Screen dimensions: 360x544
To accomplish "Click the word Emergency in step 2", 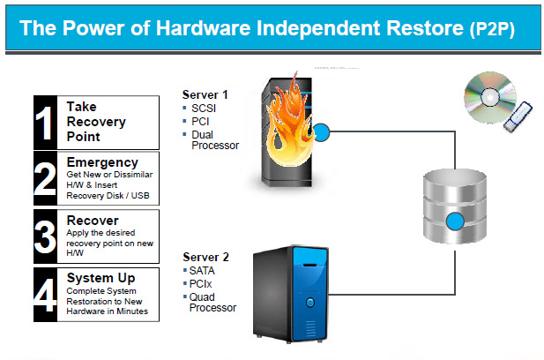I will (102, 162).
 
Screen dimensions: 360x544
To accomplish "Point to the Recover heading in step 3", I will (93, 220).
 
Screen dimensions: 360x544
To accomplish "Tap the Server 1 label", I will (205, 94).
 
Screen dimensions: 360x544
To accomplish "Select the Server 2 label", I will (205, 257).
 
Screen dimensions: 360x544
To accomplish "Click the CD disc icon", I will (486, 96).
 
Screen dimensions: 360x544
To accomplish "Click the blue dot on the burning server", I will (321, 133).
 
